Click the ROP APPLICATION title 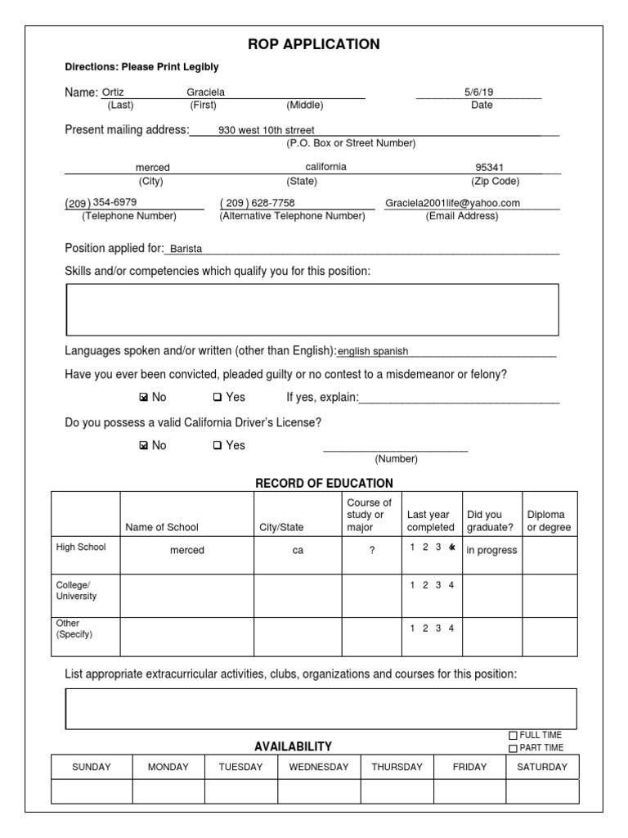[314, 44]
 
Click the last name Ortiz [114, 92]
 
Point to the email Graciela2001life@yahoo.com [452, 203]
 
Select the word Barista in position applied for [186, 249]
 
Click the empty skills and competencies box [312, 309]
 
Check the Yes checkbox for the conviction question [218, 398]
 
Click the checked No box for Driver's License [144, 446]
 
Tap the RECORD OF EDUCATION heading [324, 483]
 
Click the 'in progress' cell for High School [491, 551]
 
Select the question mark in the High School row [371, 551]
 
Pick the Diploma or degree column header [549, 521]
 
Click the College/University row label [76, 590]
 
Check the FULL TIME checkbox [514, 736]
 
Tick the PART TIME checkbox [514, 748]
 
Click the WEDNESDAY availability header [318, 767]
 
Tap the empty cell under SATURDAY [542, 791]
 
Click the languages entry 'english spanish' [373, 352]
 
